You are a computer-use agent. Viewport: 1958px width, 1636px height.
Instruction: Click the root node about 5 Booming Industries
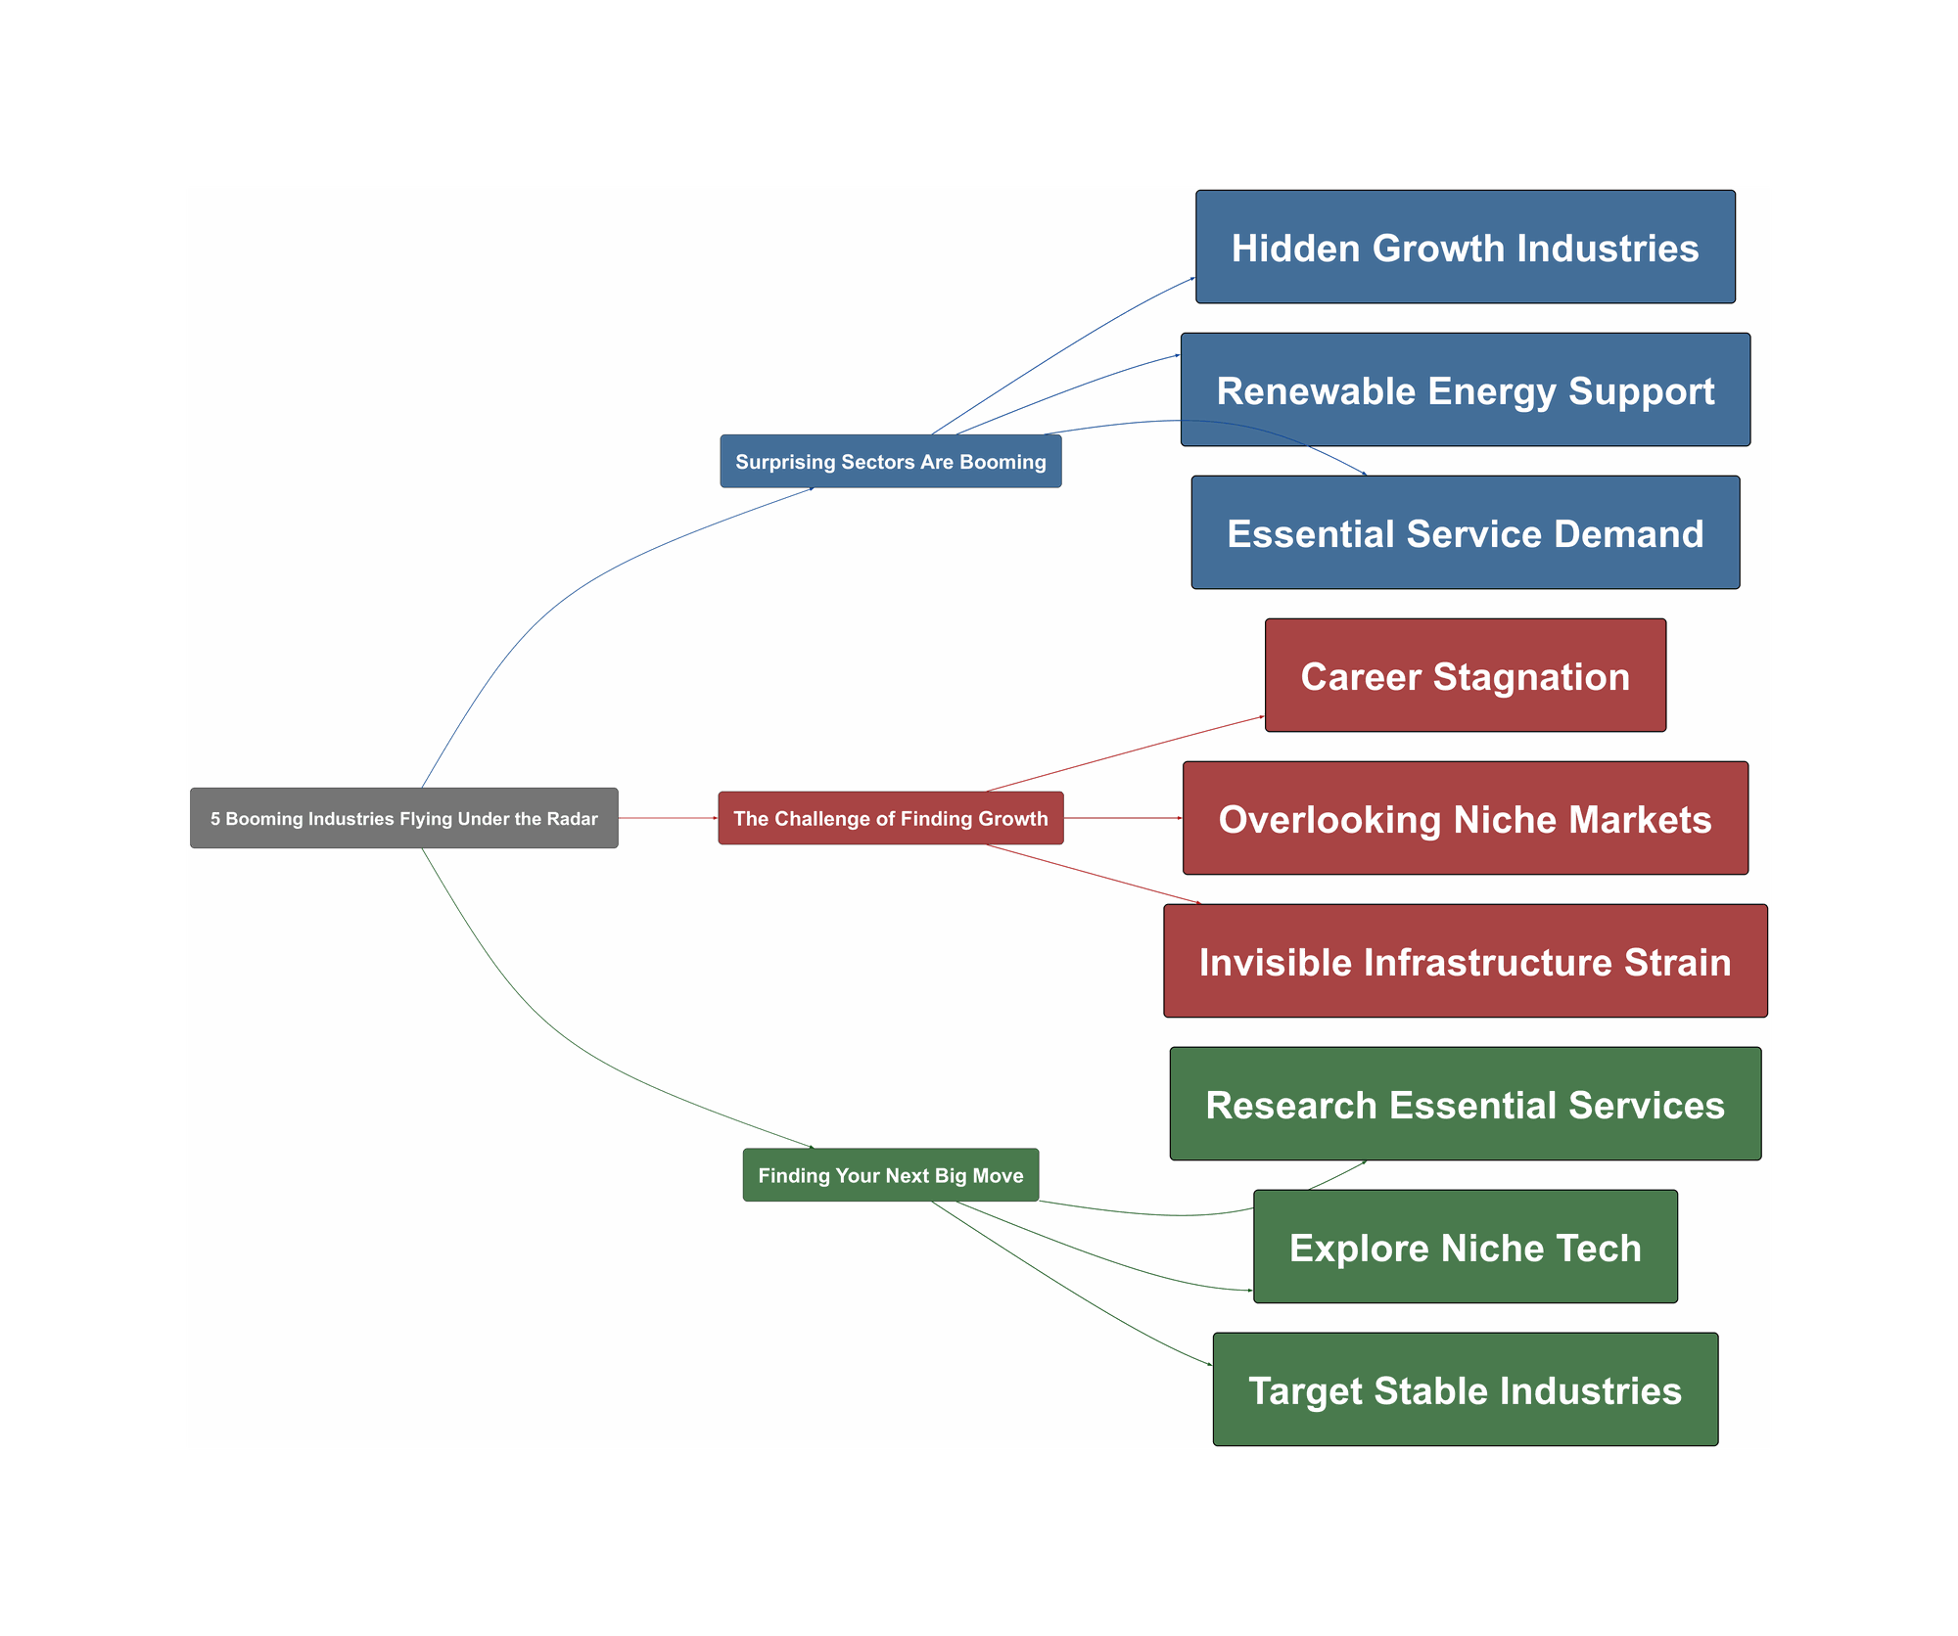[403, 818]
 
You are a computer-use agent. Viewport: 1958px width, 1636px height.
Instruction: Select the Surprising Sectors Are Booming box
[890, 461]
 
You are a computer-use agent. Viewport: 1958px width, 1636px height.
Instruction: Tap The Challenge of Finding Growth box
[890, 818]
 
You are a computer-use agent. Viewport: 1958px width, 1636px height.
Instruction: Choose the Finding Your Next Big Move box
[890, 1174]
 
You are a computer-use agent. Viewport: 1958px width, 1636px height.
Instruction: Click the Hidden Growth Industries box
[1465, 247]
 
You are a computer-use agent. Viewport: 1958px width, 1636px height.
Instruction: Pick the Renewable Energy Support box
[1465, 389]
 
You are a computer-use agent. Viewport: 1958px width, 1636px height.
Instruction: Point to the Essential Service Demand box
[1465, 532]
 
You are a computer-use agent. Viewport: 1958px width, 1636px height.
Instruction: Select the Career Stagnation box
[1465, 675]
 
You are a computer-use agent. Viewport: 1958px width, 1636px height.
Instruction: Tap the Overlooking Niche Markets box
[1465, 818]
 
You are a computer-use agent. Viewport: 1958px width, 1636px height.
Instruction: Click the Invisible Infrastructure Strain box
[1465, 961]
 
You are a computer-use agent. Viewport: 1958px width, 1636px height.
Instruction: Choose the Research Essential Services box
[1465, 1104]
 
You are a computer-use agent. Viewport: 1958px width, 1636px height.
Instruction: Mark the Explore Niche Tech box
[1465, 1247]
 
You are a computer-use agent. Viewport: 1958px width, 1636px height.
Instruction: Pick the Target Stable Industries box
[1465, 1389]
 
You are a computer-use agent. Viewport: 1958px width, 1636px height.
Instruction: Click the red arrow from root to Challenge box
[668, 818]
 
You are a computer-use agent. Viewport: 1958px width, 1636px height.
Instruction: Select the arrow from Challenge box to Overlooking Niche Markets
[1123, 818]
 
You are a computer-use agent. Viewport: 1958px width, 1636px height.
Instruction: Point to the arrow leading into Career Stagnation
[1126, 753]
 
